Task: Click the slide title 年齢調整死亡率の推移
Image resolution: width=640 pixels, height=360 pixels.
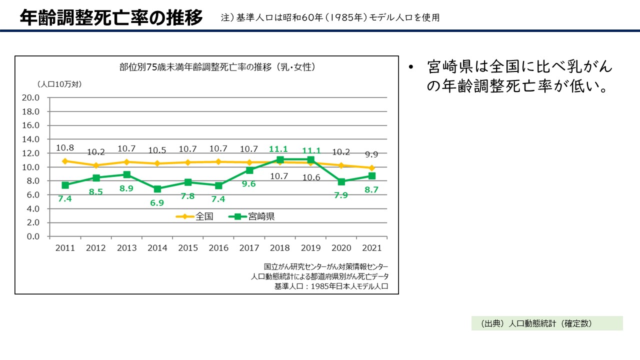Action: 111,17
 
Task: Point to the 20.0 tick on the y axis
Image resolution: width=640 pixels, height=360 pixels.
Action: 30,97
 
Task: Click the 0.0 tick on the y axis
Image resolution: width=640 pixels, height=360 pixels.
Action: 32,236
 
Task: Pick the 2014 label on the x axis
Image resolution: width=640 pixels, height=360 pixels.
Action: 157,248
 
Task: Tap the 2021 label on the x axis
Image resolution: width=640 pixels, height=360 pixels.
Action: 371,248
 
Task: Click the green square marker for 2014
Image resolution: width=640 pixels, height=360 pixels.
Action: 157,189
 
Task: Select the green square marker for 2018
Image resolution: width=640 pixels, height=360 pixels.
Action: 280,159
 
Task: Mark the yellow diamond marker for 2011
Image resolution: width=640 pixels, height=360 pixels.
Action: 65,161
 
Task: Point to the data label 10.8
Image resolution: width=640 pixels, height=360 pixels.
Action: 65,148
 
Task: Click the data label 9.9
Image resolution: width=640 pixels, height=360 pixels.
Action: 371,154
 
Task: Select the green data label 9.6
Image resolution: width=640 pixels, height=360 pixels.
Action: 249,183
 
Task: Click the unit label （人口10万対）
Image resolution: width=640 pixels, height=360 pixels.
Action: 59,84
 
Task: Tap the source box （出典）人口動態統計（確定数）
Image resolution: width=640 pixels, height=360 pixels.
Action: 547,323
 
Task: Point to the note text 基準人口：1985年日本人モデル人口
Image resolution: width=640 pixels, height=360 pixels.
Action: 331,286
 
